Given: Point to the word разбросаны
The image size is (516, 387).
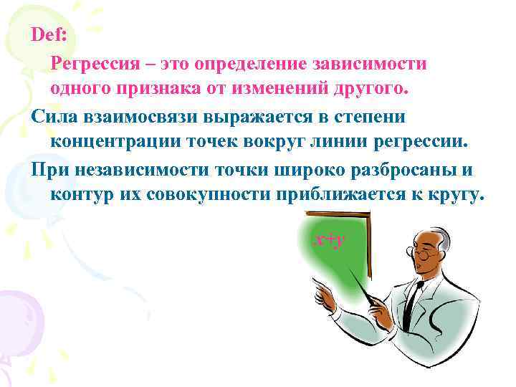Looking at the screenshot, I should click(x=405, y=168).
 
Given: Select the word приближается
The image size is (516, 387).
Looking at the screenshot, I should click(x=355, y=194).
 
